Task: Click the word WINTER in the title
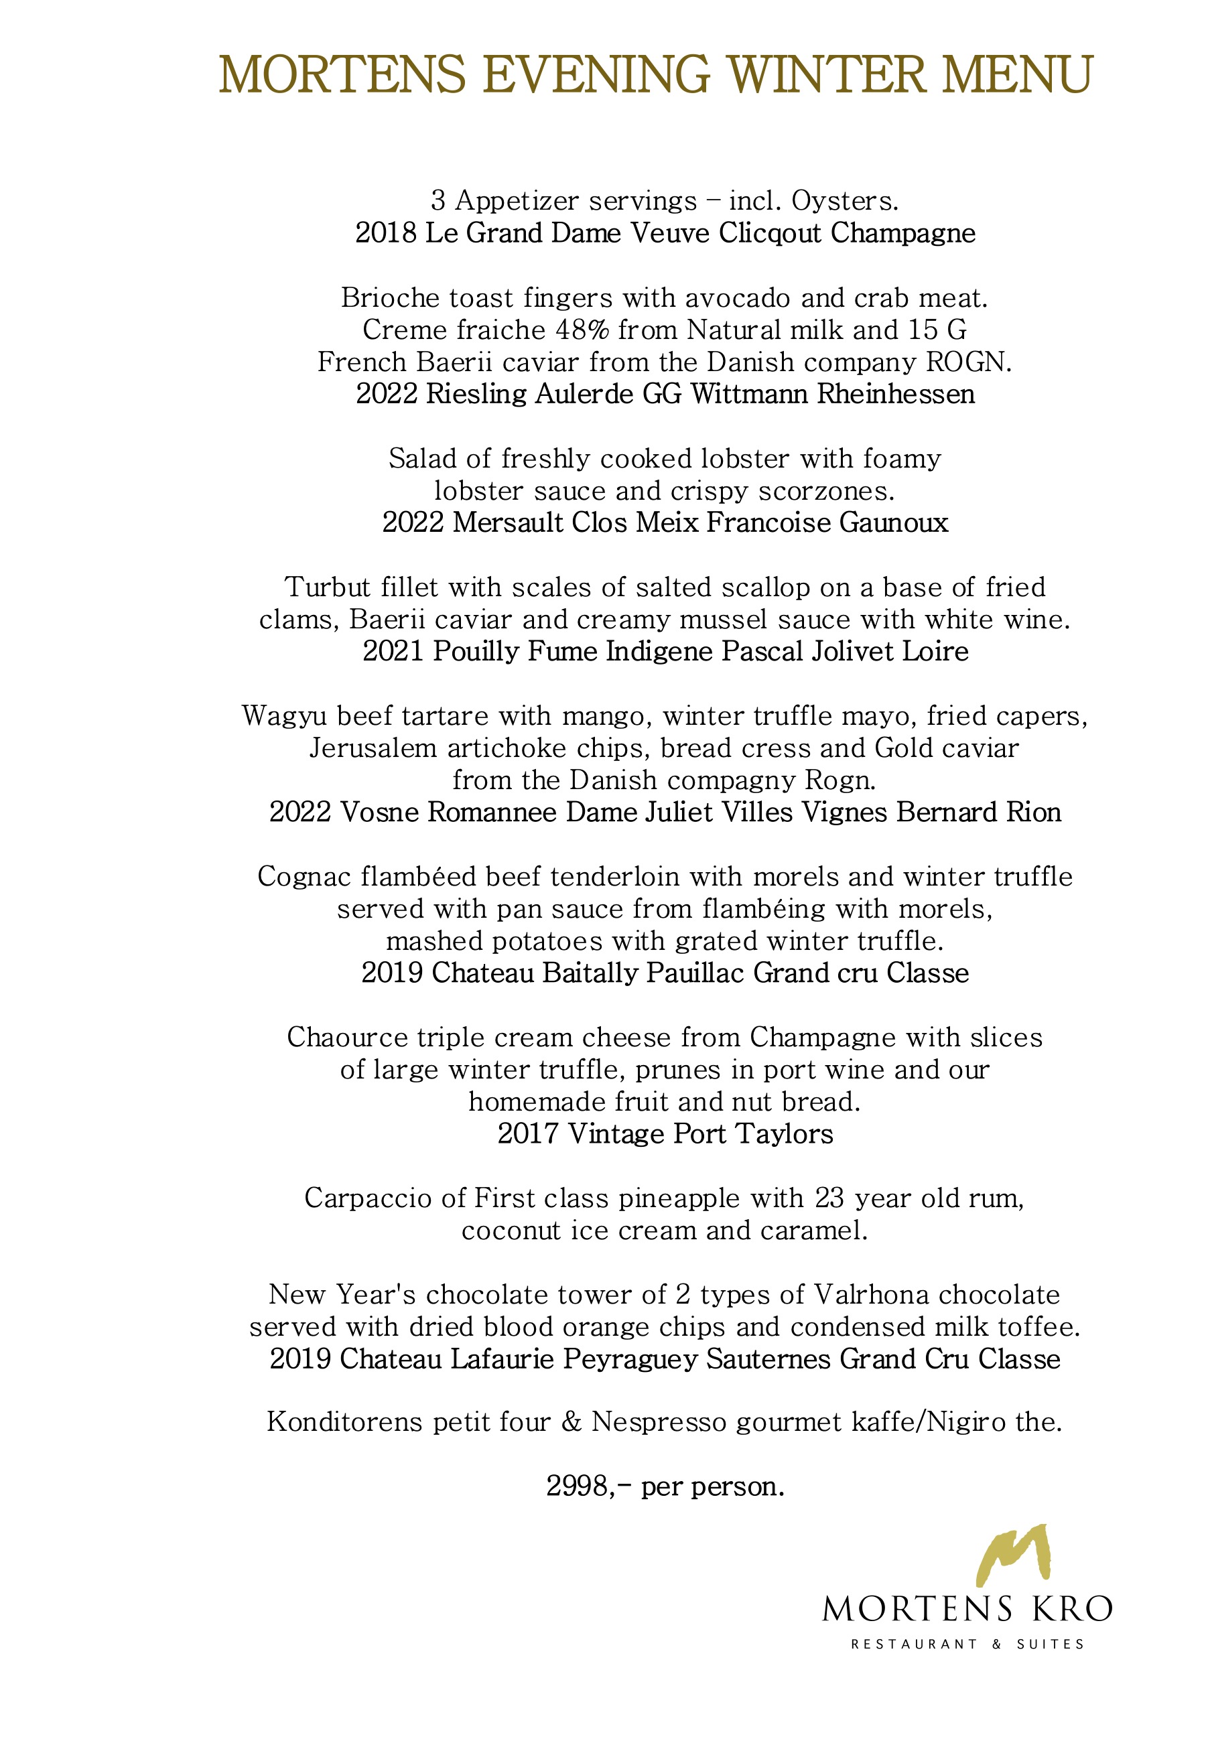tap(827, 75)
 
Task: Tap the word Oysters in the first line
tap(844, 201)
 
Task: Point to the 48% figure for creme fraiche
tap(582, 330)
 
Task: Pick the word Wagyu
tap(285, 716)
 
